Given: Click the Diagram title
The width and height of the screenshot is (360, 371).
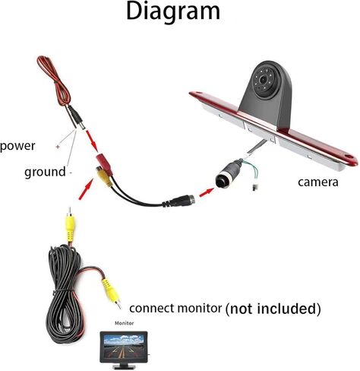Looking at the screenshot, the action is (x=173, y=11).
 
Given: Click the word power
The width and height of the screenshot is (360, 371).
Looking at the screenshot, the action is (x=17, y=146).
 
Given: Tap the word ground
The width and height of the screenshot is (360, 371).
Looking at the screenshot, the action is (x=45, y=173).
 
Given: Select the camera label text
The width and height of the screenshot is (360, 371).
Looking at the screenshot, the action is (x=318, y=182).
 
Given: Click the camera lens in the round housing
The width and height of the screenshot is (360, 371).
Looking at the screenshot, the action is (x=264, y=80).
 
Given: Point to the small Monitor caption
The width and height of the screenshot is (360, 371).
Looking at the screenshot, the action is (x=124, y=323).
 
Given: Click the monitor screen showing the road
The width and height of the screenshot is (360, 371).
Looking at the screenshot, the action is (x=124, y=346).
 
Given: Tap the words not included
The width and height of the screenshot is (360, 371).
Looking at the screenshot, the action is (x=273, y=309).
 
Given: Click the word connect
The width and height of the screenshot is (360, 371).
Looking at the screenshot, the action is (x=152, y=309).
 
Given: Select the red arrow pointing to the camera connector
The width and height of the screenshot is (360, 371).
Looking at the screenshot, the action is (x=207, y=192).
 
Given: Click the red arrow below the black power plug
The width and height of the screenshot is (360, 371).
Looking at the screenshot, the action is (x=92, y=140).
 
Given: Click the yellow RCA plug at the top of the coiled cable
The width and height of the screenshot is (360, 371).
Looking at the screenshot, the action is (x=70, y=227).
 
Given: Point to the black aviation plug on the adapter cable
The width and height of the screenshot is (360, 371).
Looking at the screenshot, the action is (x=179, y=200).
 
